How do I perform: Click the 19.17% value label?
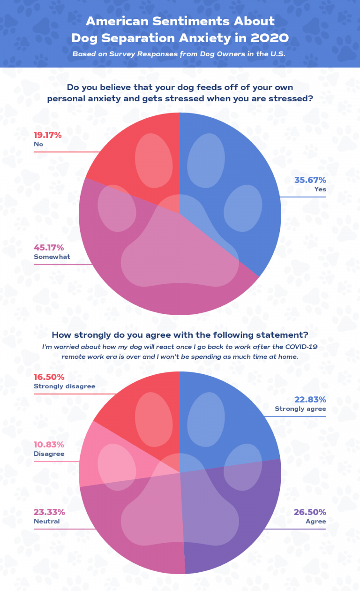[x=47, y=135]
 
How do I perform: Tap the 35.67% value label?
[x=310, y=180]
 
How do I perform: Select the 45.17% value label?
[x=48, y=248]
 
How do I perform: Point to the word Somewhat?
[x=52, y=257]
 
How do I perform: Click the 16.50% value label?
[x=49, y=377]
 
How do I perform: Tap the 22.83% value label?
[x=310, y=400]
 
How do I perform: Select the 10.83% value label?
[x=49, y=445]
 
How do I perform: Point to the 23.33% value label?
[x=49, y=512]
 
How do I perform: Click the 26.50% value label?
[x=310, y=512]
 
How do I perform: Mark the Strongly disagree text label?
[x=64, y=386]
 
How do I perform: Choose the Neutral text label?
[x=46, y=522]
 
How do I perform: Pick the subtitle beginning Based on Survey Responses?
[x=179, y=54]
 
